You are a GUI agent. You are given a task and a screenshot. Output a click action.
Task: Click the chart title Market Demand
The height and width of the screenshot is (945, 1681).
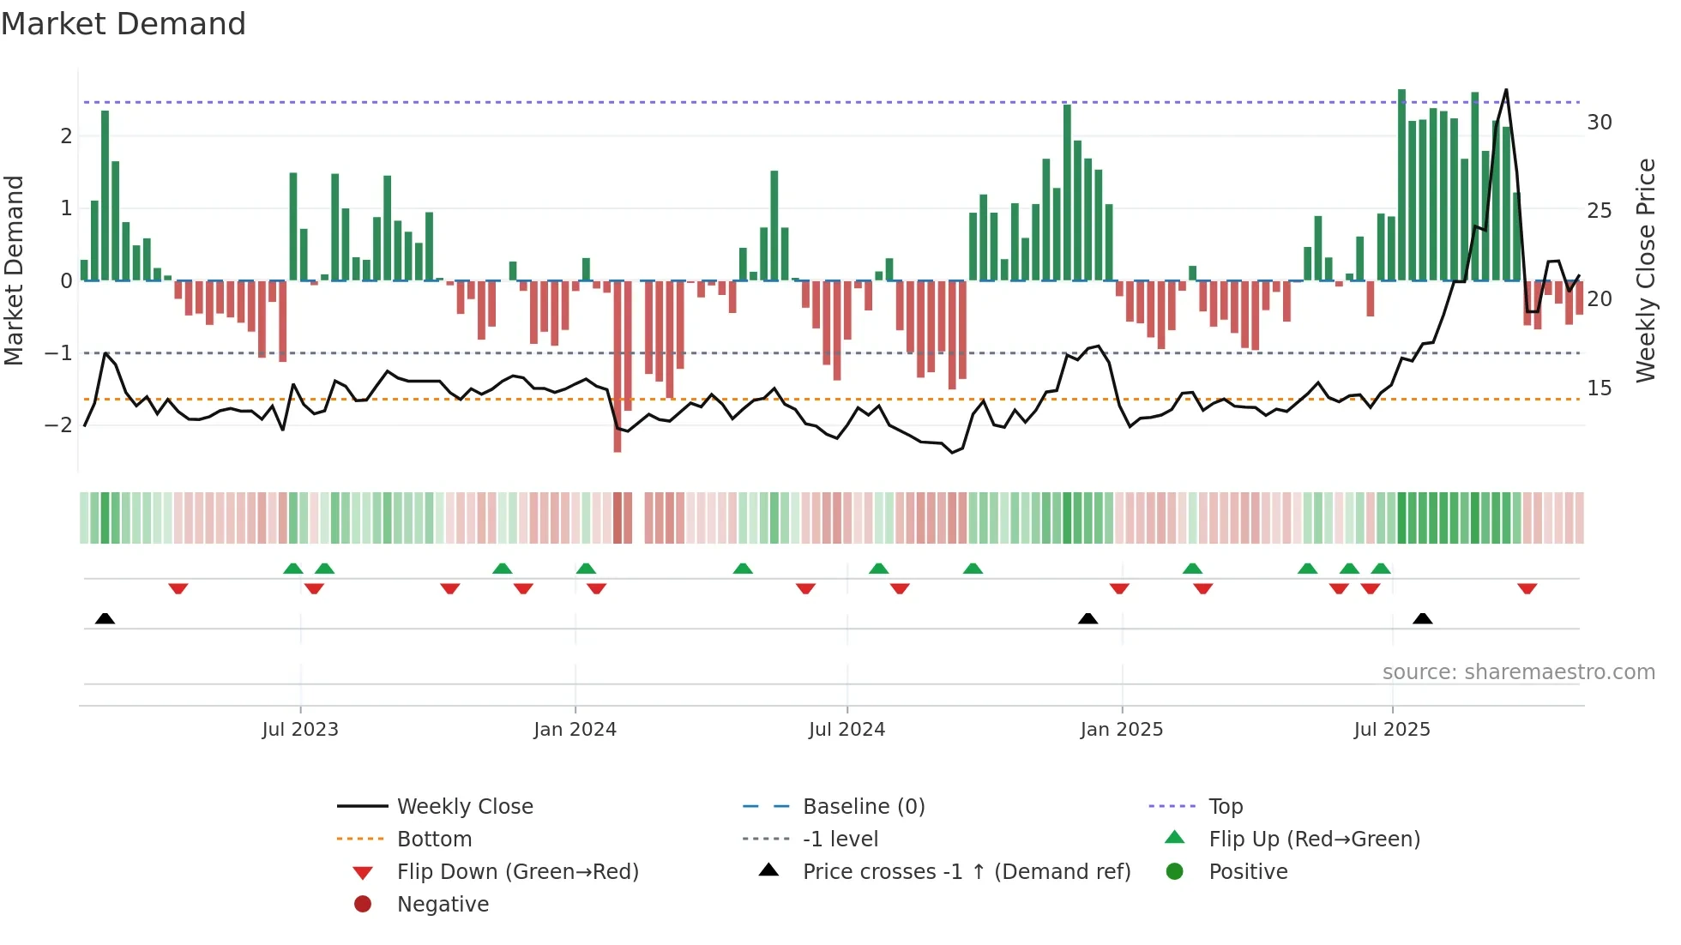tap(124, 24)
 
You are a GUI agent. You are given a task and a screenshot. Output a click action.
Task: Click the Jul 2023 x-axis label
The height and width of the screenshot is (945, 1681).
tap(300, 730)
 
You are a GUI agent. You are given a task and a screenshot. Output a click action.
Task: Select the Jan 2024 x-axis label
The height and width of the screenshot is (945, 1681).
tap(575, 730)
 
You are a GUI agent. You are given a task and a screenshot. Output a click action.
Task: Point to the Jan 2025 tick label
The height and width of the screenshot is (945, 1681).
tap(1121, 730)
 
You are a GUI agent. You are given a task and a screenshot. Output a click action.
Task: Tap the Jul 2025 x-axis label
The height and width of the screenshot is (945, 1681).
tap(1392, 730)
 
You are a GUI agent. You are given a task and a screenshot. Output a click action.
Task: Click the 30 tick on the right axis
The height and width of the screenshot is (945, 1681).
tap(1599, 123)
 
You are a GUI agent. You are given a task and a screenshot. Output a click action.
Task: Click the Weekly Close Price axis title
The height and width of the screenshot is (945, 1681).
tap(1645, 270)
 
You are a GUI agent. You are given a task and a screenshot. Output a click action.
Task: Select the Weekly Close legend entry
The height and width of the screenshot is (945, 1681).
tap(464, 807)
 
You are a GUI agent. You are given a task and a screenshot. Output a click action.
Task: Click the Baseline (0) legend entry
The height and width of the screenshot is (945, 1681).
tap(863, 807)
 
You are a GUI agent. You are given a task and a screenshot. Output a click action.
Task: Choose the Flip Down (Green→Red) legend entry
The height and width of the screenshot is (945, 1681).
tap(517, 872)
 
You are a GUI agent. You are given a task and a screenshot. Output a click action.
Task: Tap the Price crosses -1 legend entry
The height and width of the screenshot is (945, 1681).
tap(966, 872)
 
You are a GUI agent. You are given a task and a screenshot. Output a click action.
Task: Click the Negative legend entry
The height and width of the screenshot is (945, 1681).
tap(442, 905)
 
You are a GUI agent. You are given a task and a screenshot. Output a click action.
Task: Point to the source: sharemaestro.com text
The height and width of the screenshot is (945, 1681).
tap(1518, 672)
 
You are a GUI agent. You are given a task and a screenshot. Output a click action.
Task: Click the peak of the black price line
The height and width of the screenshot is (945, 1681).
tap(1506, 90)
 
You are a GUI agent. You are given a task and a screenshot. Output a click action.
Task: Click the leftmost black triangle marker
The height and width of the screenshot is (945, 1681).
tap(105, 618)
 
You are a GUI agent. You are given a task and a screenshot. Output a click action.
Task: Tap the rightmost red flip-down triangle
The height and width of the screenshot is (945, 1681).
tap(1527, 589)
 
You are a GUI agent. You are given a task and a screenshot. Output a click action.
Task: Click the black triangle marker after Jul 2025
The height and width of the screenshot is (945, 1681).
tap(1422, 618)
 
